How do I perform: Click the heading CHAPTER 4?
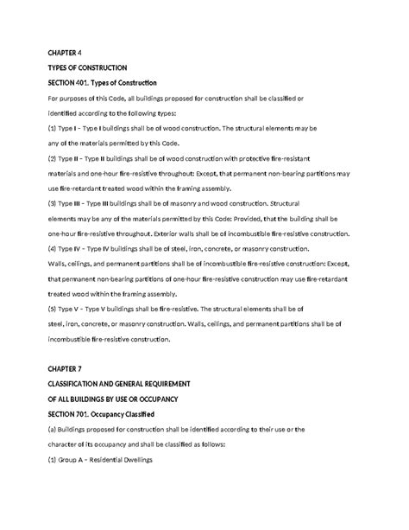tap(65, 52)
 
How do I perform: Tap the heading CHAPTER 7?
tap(65, 367)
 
